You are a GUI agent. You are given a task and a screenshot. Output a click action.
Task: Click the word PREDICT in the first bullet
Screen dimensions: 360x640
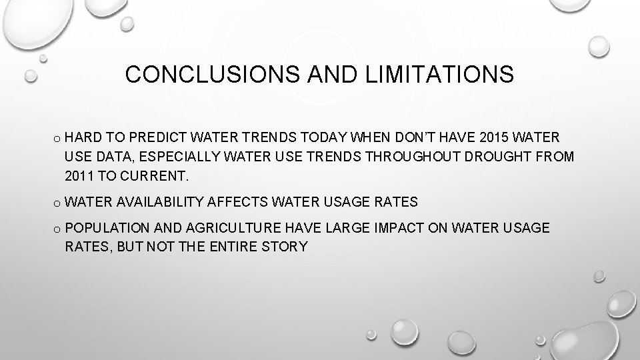[161, 138]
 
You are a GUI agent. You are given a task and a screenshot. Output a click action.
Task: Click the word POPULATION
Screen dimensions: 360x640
[109, 228]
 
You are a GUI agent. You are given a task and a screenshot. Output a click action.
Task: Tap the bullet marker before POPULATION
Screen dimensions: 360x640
[58, 229]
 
